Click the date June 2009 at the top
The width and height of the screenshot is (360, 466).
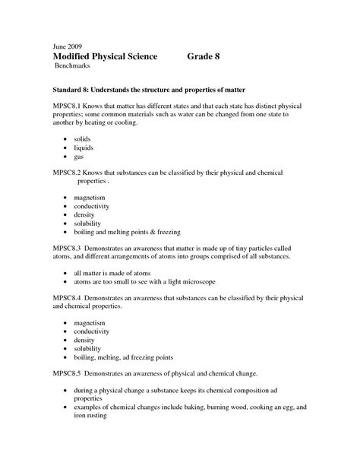69,45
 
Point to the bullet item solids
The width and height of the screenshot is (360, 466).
83,141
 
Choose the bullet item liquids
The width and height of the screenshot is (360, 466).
84,149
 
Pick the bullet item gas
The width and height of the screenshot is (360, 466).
79,157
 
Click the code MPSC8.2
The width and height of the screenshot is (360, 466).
69,173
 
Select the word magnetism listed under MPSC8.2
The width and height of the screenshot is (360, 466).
90,198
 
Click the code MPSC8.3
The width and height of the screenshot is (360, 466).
69,248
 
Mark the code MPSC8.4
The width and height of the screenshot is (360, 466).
69,297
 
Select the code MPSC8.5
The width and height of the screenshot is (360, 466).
69,374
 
